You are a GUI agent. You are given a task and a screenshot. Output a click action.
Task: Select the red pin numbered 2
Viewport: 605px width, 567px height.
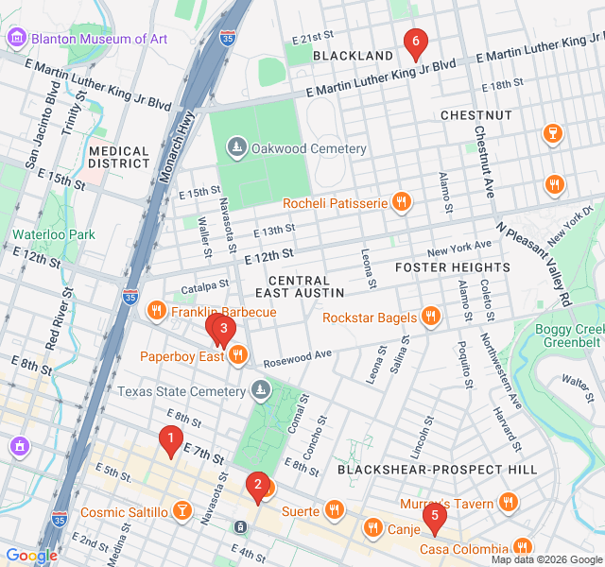pos(256,486)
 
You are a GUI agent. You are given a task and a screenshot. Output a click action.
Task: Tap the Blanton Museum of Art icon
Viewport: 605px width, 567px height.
pos(16,39)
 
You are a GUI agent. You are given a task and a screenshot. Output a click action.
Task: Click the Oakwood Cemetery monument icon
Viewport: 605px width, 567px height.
pos(236,148)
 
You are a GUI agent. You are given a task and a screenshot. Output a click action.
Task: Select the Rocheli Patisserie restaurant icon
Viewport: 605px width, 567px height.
pos(403,201)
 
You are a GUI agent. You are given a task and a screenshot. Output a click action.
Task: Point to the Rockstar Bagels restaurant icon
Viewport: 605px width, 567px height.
pos(431,317)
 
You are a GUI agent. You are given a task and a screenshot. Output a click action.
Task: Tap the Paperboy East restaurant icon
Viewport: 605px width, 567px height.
pos(237,355)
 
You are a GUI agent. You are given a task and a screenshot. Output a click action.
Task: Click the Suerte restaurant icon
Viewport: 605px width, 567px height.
pos(333,511)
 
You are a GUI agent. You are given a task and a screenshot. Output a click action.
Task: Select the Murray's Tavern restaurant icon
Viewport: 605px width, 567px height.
pos(510,503)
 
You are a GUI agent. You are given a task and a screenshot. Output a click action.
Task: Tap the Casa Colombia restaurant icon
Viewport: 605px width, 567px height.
pos(522,547)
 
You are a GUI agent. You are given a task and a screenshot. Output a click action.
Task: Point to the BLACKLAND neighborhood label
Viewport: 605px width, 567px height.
pos(353,56)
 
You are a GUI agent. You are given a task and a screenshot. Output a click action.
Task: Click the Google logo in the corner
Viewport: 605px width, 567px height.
pos(31,556)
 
